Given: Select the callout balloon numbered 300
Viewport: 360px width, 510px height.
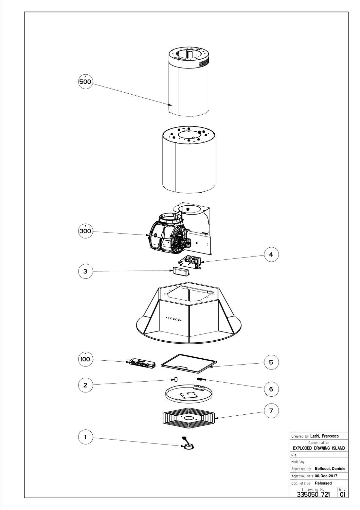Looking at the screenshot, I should click(85, 232).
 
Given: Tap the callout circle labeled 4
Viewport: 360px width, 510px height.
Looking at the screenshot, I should click(271, 255).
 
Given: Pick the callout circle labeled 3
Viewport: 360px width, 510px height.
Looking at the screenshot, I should click(85, 271).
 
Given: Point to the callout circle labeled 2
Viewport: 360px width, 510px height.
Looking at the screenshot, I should click(85, 385).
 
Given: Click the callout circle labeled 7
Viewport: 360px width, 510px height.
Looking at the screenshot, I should click(271, 411).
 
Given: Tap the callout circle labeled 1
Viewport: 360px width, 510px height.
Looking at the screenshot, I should click(85, 436).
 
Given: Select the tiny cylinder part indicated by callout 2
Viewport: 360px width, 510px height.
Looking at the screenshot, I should click(175, 380).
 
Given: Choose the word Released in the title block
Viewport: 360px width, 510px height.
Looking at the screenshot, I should click(323, 483).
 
